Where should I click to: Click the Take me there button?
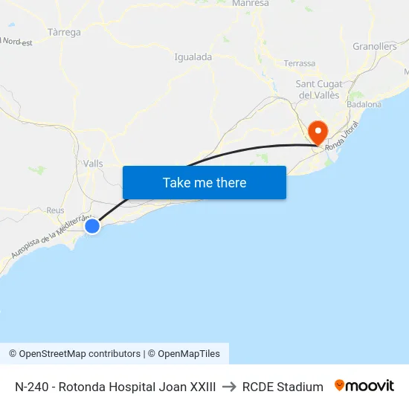[x=204, y=182]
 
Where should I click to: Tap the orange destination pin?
[x=318, y=132]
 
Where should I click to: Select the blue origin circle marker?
[x=92, y=225]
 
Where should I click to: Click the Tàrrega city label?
[x=64, y=32]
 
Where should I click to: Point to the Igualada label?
[x=193, y=57]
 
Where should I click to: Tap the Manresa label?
[x=250, y=4]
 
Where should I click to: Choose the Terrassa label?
[x=300, y=63]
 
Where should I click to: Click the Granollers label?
[x=375, y=46]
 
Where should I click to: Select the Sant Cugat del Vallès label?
[x=318, y=89]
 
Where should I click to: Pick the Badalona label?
[x=364, y=105]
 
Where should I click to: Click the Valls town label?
[x=93, y=164]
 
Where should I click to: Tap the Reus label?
[x=55, y=210]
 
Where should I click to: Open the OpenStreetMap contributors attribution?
[x=80, y=354]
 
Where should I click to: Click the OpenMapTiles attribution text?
[x=189, y=354]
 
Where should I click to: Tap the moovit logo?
[x=364, y=386]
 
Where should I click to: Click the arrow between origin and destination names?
[x=229, y=387]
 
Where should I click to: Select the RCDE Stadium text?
[x=283, y=387]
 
